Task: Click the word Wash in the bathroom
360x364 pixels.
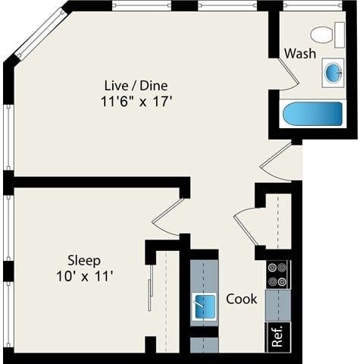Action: click(x=300, y=54)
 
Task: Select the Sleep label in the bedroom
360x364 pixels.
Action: click(x=84, y=260)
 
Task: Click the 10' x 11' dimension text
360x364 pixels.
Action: click(x=84, y=276)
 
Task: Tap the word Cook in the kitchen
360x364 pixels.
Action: click(x=242, y=299)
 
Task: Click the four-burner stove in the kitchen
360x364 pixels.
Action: click(x=278, y=274)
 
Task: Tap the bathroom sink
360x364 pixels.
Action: click(x=333, y=72)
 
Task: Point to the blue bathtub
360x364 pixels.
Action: click(x=312, y=115)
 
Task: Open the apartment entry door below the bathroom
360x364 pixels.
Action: click(x=277, y=161)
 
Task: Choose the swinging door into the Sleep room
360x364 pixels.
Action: click(x=168, y=215)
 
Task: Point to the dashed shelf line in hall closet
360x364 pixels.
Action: click(x=278, y=220)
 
